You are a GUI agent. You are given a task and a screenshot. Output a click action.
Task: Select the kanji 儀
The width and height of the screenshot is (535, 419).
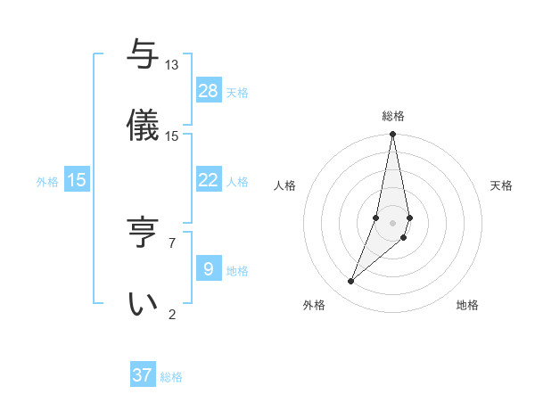[143, 125]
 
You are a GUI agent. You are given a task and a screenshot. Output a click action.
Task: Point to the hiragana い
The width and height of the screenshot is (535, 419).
[143, 303]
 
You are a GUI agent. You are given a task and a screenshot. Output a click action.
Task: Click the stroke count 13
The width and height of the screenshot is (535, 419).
[172, 65]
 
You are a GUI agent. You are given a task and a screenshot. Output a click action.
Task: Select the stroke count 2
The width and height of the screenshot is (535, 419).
[172, 314]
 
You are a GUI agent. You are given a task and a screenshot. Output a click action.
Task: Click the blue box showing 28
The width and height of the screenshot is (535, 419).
[209, 91]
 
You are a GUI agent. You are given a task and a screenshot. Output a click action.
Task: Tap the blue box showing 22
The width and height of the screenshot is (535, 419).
[209, 180]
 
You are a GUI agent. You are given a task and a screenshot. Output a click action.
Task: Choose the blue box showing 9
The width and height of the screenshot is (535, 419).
[209, 269]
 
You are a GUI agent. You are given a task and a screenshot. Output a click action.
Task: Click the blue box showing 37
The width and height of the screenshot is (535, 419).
[143, 375]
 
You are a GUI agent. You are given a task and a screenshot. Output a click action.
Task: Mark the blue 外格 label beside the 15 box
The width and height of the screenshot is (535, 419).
[47, 181]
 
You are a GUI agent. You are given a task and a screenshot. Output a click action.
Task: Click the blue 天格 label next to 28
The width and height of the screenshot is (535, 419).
[237, 92]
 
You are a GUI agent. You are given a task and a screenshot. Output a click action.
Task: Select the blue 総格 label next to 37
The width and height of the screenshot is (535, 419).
[171, 377]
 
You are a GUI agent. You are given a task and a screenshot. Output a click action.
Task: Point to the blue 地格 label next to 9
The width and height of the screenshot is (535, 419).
[237, 270]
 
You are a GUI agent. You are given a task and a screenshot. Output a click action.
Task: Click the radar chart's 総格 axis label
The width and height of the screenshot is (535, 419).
[393, 116]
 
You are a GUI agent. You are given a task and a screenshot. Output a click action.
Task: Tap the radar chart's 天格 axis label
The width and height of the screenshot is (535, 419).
[501, 185]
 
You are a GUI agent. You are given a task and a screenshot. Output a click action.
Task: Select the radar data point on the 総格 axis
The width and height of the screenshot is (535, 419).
[392, 135]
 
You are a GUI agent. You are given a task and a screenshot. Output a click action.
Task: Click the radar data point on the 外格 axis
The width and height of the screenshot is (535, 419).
[350, 282]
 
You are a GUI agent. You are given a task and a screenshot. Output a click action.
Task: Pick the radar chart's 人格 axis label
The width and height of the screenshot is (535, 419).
[284, 185]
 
